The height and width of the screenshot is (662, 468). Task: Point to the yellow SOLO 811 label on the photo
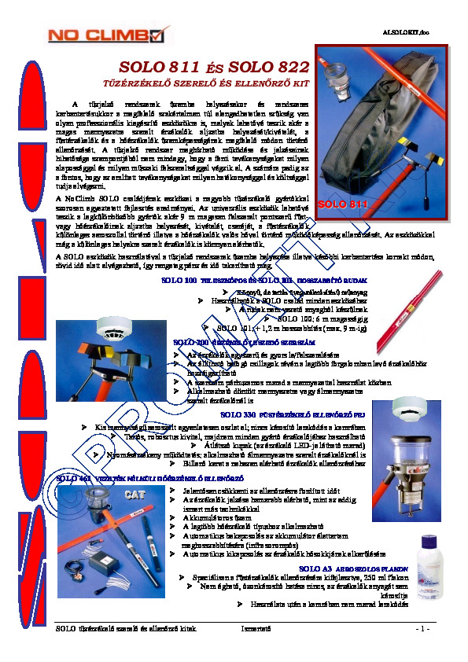coord(343,204)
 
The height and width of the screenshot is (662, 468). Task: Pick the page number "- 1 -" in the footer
coord(422,629)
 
